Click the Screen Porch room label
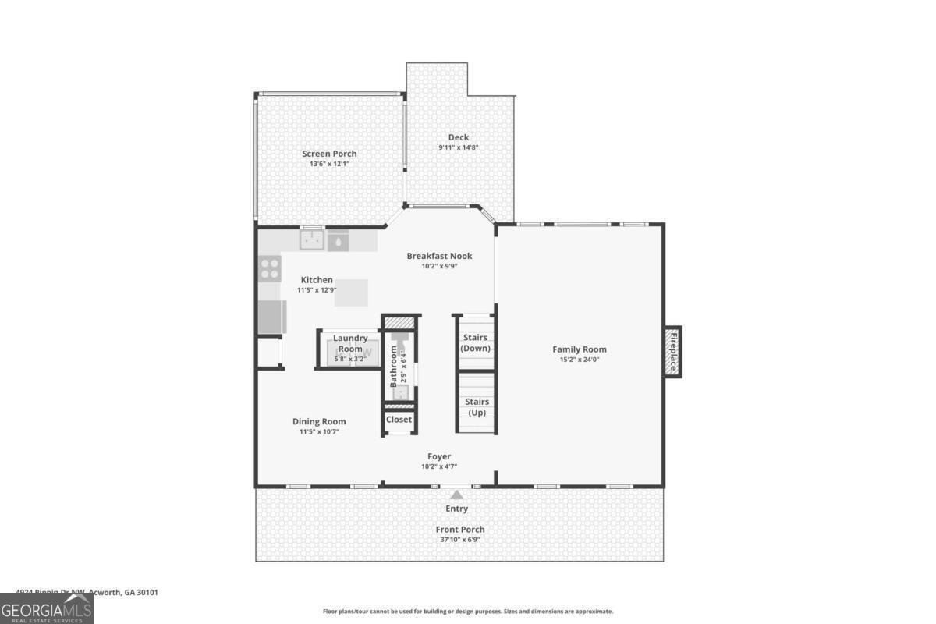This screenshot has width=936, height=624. [329, 154]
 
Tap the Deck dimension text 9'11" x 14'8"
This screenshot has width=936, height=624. [458, 147]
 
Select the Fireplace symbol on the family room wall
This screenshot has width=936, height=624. [672, 351]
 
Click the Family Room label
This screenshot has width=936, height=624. [579, 349]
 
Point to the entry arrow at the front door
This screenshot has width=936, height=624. [456, 493]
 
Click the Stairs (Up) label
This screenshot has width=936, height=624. [477, 406]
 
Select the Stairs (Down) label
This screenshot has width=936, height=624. [476, 343]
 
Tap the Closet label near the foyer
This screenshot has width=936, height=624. [399, 420]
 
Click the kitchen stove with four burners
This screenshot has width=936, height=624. [270, 269]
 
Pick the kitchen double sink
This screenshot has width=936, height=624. [314, 240]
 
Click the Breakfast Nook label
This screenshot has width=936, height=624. [439, 256]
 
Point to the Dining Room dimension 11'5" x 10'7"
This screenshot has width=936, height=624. [318, 431]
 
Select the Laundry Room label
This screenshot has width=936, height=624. [350, 343]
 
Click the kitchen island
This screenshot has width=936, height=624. [351, 292]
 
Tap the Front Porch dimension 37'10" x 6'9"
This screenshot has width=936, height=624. [459, 539]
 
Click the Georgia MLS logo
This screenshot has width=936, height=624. [47, 608]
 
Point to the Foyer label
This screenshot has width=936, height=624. [439, 456]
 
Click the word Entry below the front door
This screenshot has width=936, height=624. [456, 509]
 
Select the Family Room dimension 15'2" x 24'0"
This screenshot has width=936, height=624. [579, 360]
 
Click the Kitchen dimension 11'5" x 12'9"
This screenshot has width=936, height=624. [316, 290]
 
